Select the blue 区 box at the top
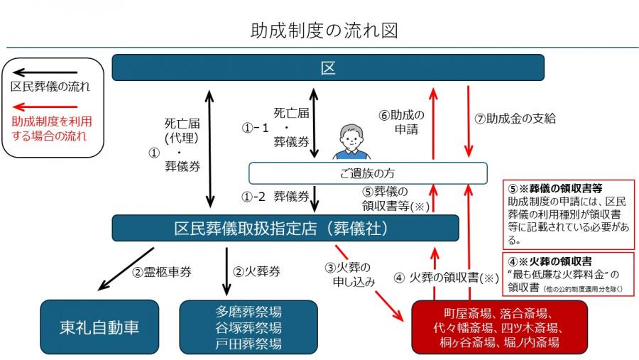coord(328,68)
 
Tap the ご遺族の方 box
coord(367,173)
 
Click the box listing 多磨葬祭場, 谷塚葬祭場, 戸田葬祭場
coord(248,327)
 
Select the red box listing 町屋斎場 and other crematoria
coord(500,327)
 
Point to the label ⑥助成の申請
coord(401,121)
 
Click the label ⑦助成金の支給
coord(515,119)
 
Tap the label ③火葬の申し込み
coord(349,274)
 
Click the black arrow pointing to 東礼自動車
coord(126,268)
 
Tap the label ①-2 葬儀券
coord(273,196)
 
